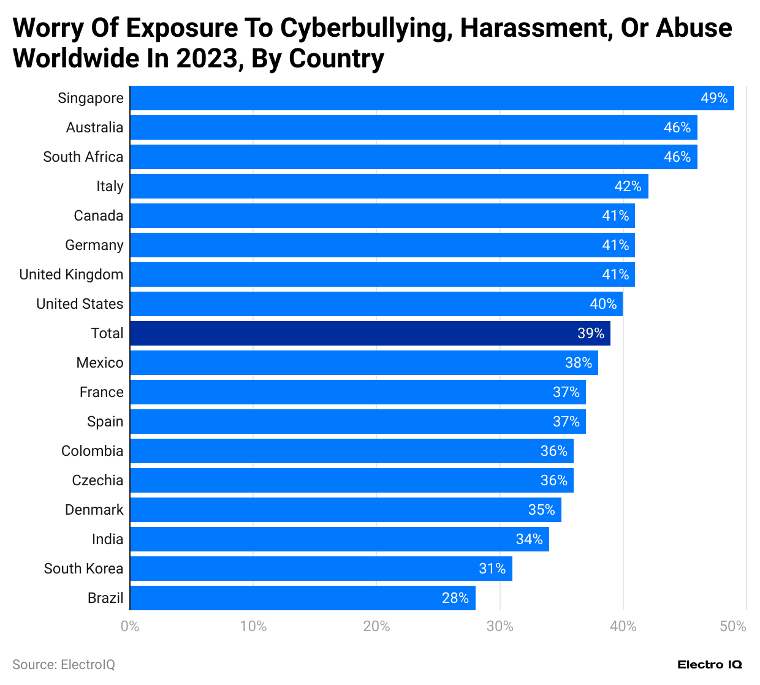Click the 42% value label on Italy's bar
[x=628, y=186]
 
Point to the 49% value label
[x=714, y=98]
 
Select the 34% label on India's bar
[x=529, y=539]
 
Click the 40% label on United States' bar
[x=603, y=304]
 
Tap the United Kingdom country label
[x=71, y=274]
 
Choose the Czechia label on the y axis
[x=97, y=480]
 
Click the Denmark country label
[x=94, y=510]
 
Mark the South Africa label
[x=83, y=157]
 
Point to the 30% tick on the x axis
[x=500, y=626]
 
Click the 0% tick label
[x=130, y=626]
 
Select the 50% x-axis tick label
[x=733, y=626]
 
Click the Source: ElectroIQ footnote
[x=64, y=665]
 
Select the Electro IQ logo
[x=710, y=665]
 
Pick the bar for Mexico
[x=364, y=363]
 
